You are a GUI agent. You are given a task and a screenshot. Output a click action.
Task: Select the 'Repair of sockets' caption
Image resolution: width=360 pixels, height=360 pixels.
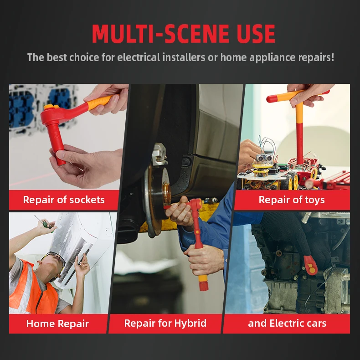coord(64,200)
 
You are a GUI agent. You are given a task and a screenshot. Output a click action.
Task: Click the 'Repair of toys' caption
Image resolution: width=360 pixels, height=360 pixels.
coord(292,200)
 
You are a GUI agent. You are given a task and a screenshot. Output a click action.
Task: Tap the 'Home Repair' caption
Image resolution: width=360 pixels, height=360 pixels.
coord(57,324)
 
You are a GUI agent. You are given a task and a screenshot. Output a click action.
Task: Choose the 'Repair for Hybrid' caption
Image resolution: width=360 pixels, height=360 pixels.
coord(165,324)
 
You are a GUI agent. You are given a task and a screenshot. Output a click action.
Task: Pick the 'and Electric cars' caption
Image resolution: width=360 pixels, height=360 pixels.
coord(287,324)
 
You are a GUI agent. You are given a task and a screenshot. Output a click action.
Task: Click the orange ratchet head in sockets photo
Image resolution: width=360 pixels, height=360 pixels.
coord(49,108)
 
